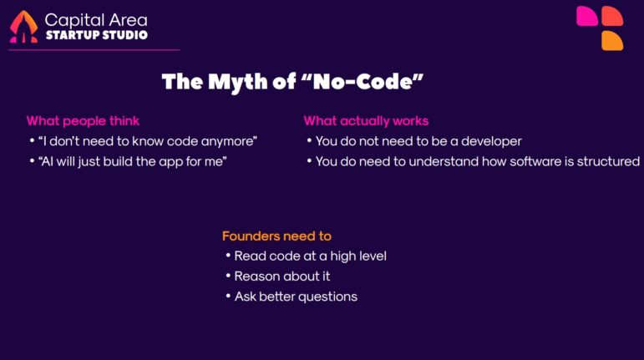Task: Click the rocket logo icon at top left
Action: pyautogui.click(x=23, y=27)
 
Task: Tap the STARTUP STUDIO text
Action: pyautogui.click(x=96, y=35)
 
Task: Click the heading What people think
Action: pyautogui.click(x=83, y=121)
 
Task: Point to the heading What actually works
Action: pyautogui.click(x=366, y=121)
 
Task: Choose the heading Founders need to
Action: pyautogui.click(x=276, y=236)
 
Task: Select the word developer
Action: pyautogui.click(x=493, y=141)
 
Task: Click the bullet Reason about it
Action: pyautogui.click(x=276, y=276)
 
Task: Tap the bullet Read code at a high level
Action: pyautogui.click(x=310, y=256)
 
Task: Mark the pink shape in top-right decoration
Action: pyautogui.click(x=587, y=16)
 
